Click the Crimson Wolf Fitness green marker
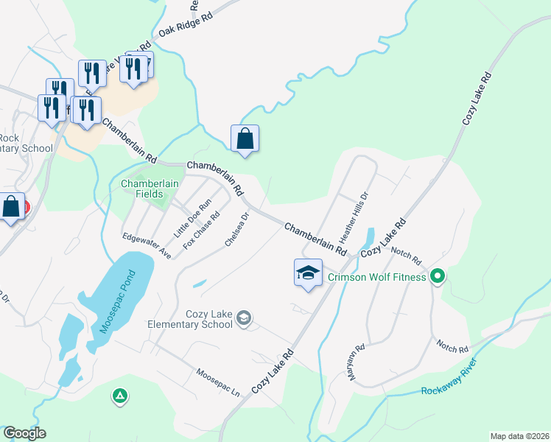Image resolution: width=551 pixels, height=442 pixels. tap(438, 278)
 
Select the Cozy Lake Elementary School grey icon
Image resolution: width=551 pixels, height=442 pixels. tap(245, 318)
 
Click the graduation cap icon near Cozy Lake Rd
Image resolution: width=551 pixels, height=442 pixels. tap(308, 273)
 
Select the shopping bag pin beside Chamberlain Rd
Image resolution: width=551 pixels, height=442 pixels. tap(245, 138)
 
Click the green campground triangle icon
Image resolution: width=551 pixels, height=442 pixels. tap(119, 397)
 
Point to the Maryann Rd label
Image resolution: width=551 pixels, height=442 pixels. tap(358, 363)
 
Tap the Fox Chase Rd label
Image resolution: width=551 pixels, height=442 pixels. tap(201, 231)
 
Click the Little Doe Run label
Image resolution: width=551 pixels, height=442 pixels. tap(192, 218)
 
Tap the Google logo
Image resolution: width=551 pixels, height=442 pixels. tap(24, 433)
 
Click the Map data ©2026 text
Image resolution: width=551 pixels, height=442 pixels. tap(519, 436)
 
